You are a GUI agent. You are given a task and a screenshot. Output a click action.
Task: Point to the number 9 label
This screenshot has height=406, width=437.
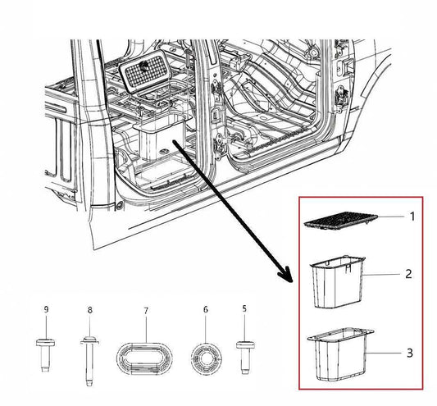point(46,308)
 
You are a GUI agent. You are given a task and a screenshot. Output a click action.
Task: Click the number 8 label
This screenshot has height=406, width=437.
point(89,308)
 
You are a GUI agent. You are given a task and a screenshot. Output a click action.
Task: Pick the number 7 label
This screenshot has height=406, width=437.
point(146,310)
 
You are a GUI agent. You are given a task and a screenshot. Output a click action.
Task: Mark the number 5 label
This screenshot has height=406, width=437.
point(244,308)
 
